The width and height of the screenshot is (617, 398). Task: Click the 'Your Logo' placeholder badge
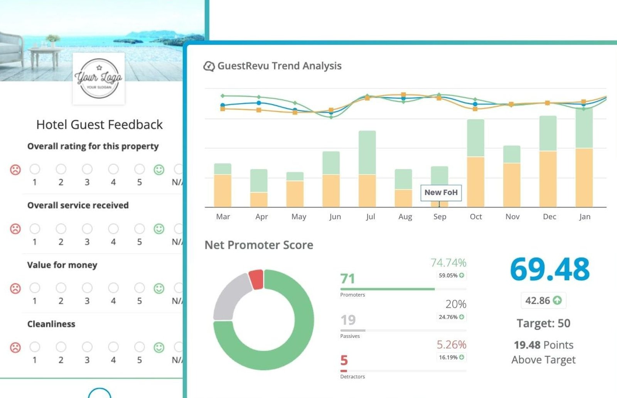99,79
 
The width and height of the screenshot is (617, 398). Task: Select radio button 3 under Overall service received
87,229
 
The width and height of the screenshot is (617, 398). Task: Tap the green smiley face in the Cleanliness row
159,347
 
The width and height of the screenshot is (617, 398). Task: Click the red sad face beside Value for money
15,288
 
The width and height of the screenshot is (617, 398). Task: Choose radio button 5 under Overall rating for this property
139,169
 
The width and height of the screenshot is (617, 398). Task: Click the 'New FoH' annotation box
441,192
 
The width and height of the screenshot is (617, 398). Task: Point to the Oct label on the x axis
476,216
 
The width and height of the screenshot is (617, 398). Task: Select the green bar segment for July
367,153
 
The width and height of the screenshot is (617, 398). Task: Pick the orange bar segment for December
548,179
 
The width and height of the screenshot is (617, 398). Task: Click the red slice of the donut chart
256,279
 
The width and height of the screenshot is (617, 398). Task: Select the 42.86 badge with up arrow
543,300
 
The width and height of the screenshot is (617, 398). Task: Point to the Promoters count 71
347,278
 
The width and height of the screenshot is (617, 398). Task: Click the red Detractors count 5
344,360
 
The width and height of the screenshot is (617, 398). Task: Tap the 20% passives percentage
456,304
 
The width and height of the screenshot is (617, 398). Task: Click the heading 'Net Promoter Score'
259,245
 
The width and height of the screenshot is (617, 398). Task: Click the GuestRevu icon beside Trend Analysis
209,66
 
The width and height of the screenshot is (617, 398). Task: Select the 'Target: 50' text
543,323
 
